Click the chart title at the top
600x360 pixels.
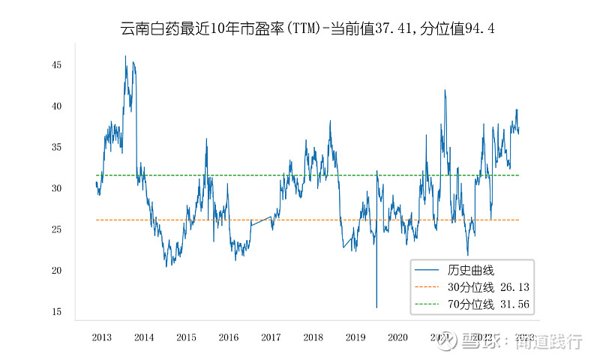[307, 29]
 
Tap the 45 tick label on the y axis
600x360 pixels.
[57, 65]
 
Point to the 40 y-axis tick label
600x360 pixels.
[57, 106]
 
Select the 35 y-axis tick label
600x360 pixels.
[57, 148]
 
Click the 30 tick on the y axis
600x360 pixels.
[57, 188]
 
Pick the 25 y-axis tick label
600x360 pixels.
[57, 229]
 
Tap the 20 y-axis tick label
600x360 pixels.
[57, 271]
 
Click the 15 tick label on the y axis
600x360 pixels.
[57, 312]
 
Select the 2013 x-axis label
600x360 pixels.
[102, 337]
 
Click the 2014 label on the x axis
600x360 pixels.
[144, 337]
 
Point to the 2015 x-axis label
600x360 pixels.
[186, 337]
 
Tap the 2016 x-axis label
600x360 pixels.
[229, 337]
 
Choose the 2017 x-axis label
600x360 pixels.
[271, 337]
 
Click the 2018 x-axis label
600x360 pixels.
[313, 337]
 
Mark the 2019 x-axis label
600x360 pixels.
[355, 337]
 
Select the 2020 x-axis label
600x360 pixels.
[398, 337]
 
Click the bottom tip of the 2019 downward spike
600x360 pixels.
[376, 307]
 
